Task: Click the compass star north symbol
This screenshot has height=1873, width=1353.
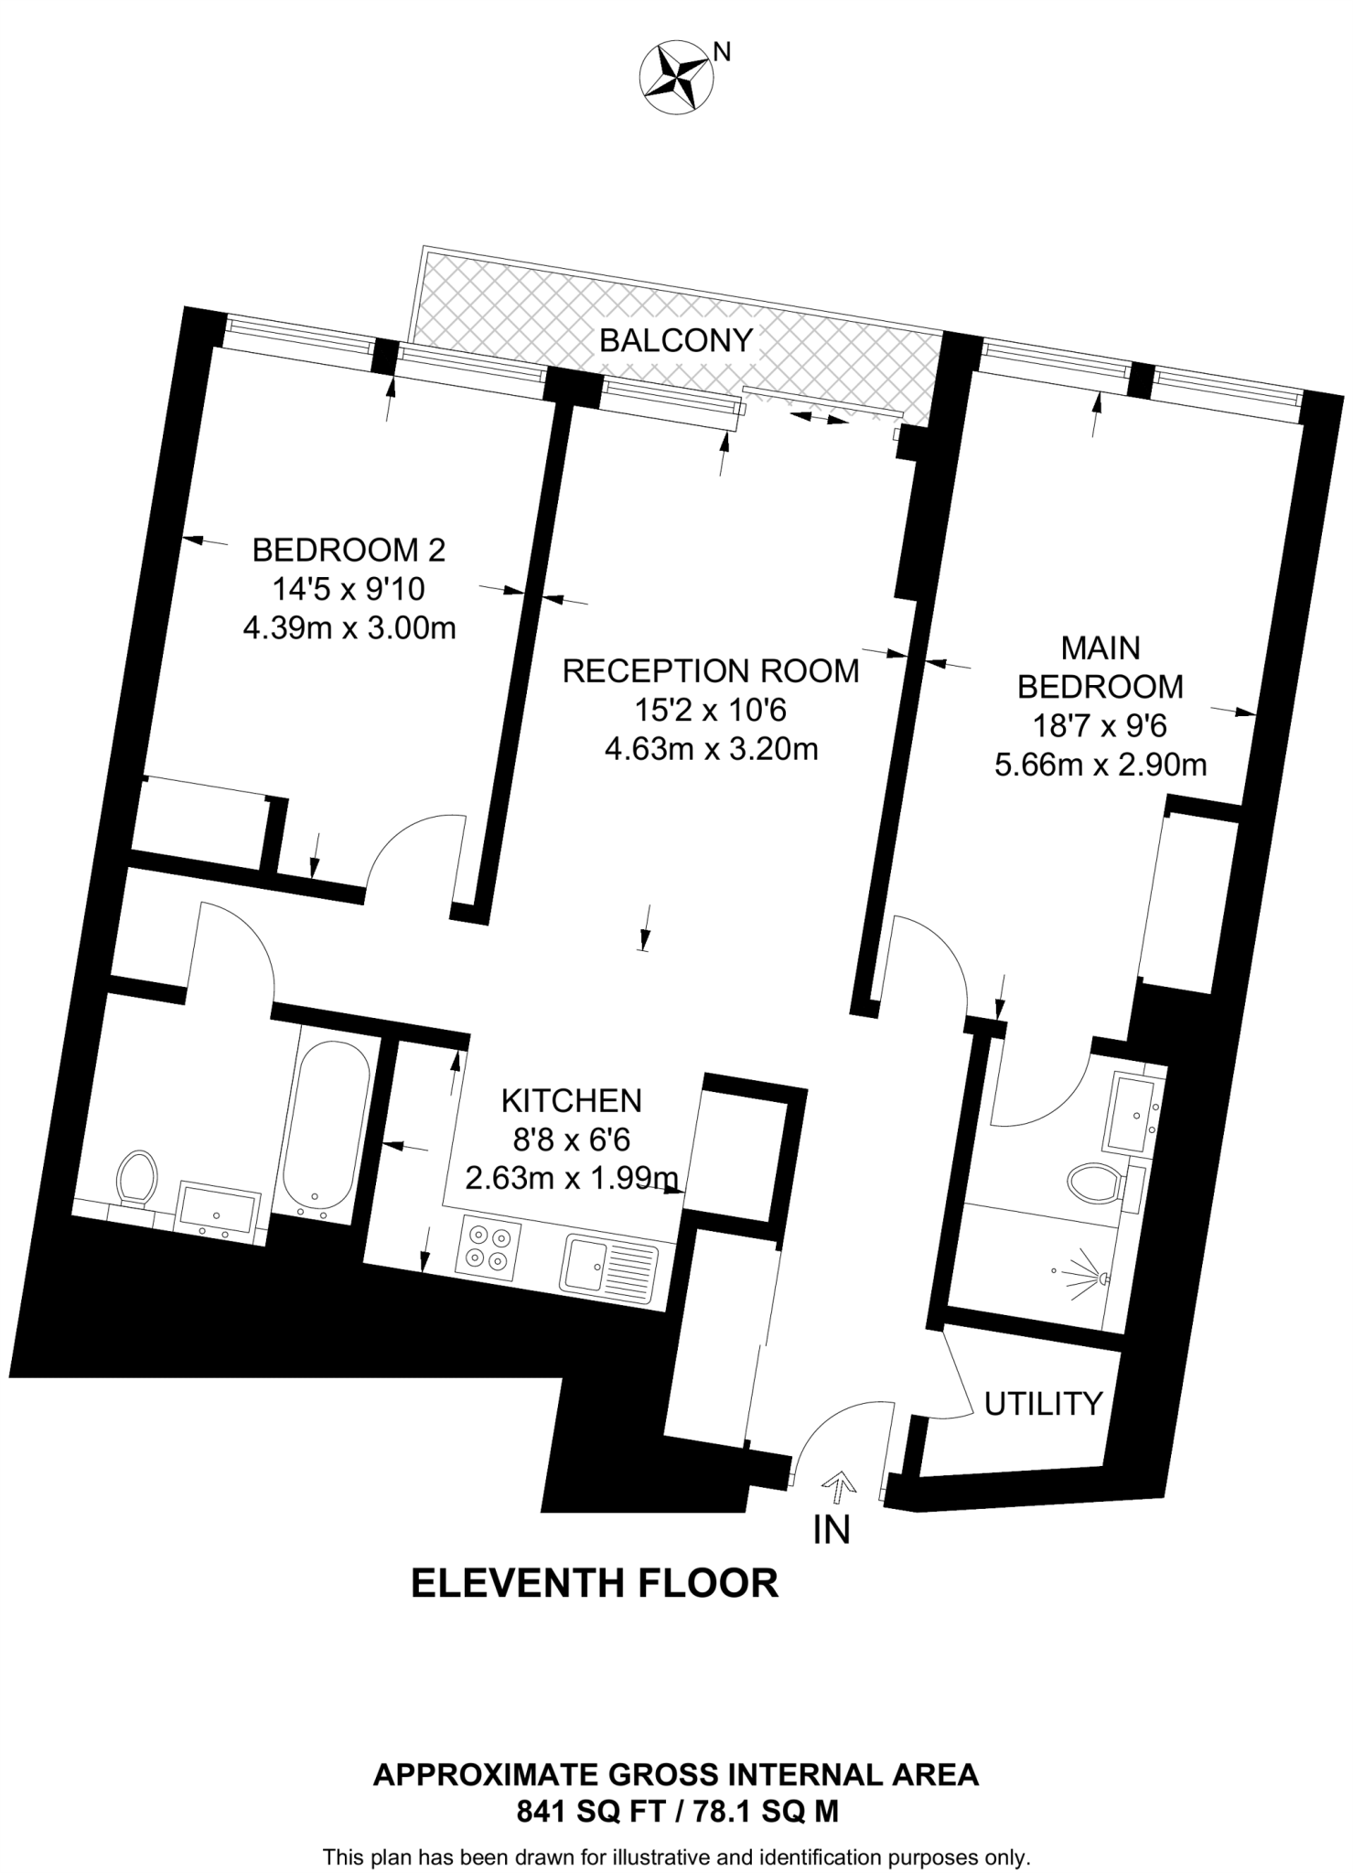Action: pyautogui.click(x=677, y=79)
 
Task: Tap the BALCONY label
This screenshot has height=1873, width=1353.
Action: pyautogui.click(x=675, y=340)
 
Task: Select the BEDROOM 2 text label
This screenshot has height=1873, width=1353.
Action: pyautogui.click(x=349, y=550)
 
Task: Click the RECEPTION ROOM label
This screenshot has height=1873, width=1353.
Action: pyautogui.click(x=710, y=670)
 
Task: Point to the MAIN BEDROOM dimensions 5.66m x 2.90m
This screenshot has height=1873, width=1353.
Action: pyautogui.click(x=1100, y=764)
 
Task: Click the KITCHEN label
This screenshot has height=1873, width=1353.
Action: pyautogui.click(x=571, y=1099)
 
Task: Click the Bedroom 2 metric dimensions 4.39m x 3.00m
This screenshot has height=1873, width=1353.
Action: pyautogui.click(x=349, y=628)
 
